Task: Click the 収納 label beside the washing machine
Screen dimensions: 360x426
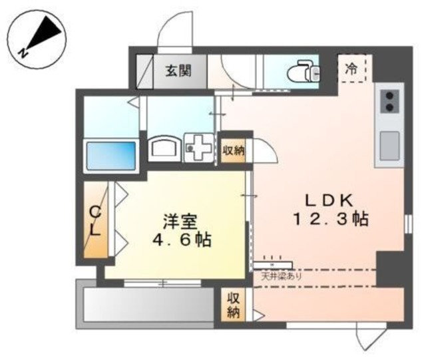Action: [233, 150]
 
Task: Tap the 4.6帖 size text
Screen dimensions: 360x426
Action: [179, 240]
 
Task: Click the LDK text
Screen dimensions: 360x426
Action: [327, 199]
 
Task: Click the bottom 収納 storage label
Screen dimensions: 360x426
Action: [233, 305]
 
